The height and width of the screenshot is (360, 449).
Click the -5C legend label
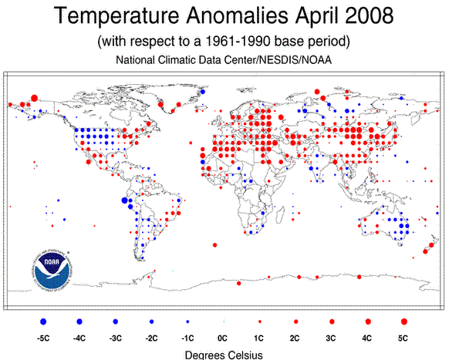pos(44,338)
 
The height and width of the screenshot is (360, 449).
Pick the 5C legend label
pos(403,338)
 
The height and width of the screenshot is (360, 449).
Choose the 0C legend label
pos(224,338)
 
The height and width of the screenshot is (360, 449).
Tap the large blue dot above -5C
pos(44,320)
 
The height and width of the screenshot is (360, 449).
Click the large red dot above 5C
pos(403,320)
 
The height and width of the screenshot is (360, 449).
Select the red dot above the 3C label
pos(332,320)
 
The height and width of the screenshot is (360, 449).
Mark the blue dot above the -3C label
pos(116,320)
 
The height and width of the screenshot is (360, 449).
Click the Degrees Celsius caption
pos(224,354)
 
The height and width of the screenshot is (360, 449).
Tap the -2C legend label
pos(152,338)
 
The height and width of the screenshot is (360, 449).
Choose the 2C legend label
pos(296,338)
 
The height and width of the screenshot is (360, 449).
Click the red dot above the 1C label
pos(260,320)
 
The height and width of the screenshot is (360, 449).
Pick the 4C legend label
pos(368,338)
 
